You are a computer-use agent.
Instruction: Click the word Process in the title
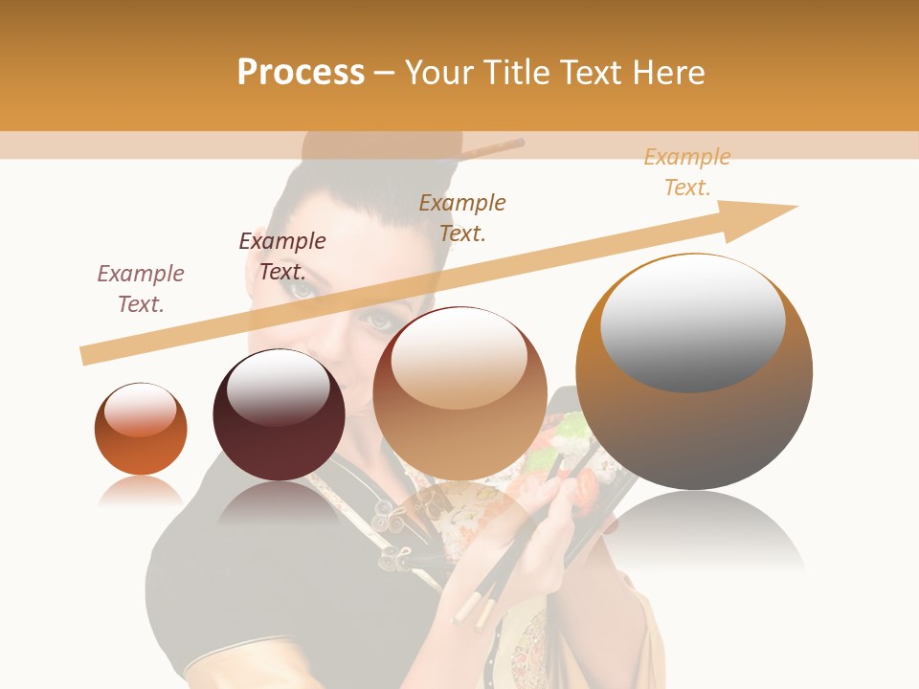click(x=301, y=73)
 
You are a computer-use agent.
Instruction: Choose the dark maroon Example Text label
click(x=282, y=256)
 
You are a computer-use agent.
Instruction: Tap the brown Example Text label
click(x=462, y=218)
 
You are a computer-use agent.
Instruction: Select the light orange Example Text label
click(x=687, y=172)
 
